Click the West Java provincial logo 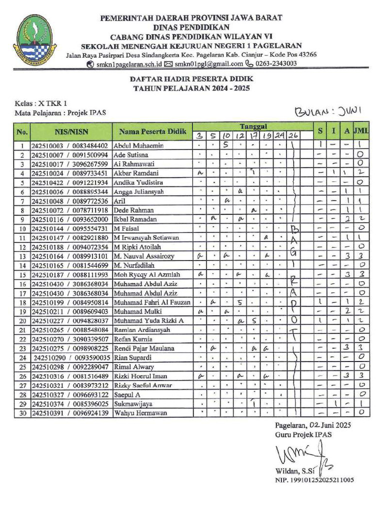tap(35, 38)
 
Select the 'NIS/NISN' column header tap(71, 132)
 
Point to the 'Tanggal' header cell tap(252, 126)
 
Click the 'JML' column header tap(361, 131)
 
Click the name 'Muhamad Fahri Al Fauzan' tap(152, 302)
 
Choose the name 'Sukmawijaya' tap(132, 403)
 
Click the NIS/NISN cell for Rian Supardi tap(71, 357)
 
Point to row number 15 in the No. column tap(21, 274)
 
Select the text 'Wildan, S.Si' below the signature tap(292, 471)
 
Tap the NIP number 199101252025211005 tap(314, 480)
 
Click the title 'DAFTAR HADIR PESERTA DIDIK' tap(192, 79)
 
